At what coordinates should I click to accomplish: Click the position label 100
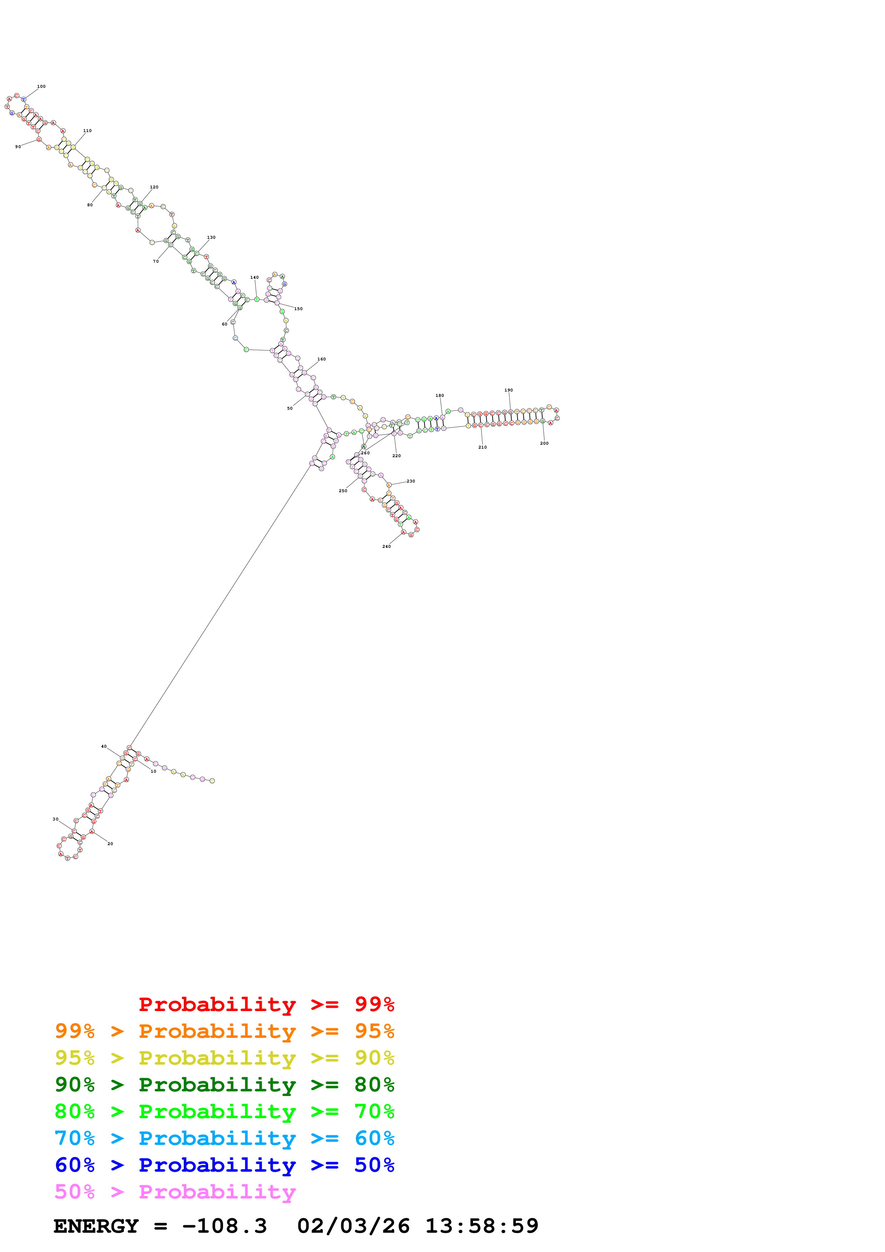(x=41, y=86)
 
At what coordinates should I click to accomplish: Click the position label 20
(x=110, y=844)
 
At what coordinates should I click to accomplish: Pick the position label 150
(x=298, y=309)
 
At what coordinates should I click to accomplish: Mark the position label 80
(x=90, y=205)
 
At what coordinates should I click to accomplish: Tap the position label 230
(x=411, y=481)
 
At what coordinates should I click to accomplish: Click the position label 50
(x=290, y=408)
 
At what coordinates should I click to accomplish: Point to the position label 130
(x=211, y=237)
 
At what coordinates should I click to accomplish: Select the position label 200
(x=544, y=443)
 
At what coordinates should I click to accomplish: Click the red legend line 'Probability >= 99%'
(x=266, y=1004)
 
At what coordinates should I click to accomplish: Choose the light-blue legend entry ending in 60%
(x=224, y=1138)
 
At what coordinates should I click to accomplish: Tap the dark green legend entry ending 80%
(x=224, y=1085)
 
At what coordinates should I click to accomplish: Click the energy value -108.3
(x=224, y=1226)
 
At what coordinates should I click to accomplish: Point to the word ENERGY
(x=96, y=1226)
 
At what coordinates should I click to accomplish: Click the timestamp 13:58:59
(x=482, y=1226)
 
